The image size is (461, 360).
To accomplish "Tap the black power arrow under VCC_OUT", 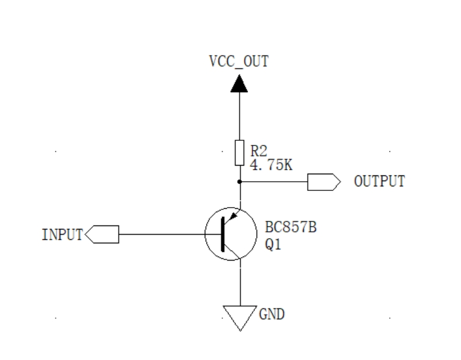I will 239,84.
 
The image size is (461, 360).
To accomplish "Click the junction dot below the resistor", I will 239,182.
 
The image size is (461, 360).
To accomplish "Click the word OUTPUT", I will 379,182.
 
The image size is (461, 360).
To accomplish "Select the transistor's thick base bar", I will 222,235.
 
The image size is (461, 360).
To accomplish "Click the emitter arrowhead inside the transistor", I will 232,217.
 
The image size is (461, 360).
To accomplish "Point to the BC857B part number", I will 289,228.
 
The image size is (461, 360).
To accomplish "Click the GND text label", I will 272,315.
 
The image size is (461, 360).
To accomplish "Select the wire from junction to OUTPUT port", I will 273,182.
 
